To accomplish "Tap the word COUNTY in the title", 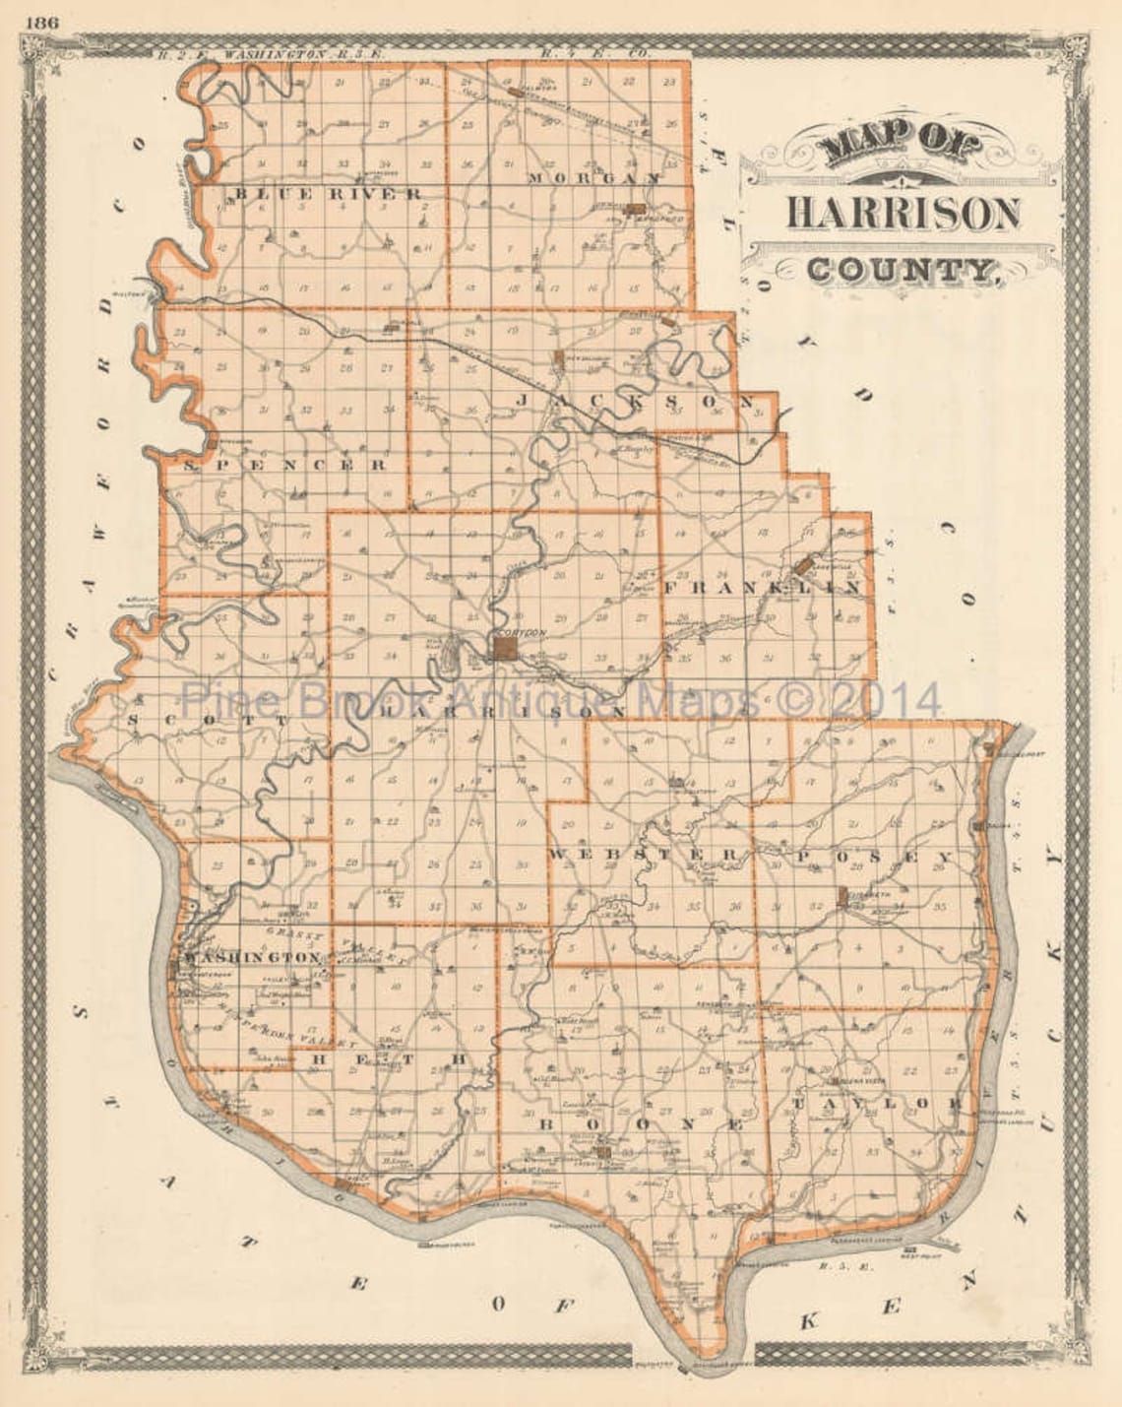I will coord(900,268).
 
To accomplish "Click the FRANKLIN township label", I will coord(764,588).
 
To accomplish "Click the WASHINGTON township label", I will coord(249,957).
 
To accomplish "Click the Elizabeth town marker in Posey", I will coord(842,896).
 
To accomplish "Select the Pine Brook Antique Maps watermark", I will coord(561,701).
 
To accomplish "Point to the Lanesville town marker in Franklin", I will coord(804,565).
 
